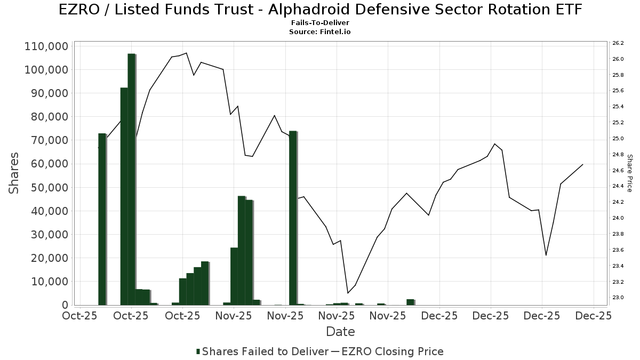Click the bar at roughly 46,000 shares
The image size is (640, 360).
[x=241, y=251]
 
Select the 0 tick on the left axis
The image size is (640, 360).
[x=64, y=305]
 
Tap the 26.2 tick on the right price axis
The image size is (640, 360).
[x=618, y=43]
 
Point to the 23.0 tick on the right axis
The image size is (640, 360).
[x=618, y=298]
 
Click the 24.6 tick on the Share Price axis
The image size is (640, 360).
[x=618, y=170]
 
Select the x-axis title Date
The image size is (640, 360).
[x=340, y=332]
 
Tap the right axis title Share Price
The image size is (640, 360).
[x=629, y=173]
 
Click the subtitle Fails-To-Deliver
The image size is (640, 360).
[x=320, y=23]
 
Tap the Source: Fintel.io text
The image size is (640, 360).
[x=320, y=32]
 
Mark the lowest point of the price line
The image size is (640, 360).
[x=348, y=293]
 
